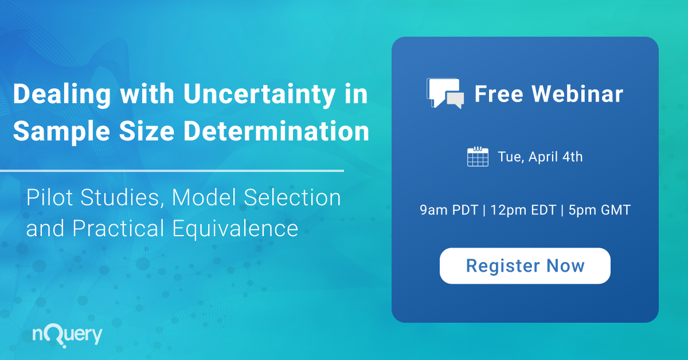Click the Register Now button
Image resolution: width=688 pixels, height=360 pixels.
pos(525,265)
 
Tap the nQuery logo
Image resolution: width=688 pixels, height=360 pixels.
pos(68,335)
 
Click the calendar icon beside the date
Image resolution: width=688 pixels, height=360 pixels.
pos(478,156)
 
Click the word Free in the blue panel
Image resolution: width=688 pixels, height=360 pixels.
pos(498,94)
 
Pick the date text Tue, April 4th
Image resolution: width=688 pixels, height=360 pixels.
pos(540,156)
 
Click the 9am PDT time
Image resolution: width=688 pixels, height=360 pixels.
pos(448,210)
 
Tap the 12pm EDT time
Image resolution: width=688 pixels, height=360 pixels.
pos(523,210)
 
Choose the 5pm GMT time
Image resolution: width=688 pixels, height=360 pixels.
pos(600,210)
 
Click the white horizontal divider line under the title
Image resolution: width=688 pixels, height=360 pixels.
pos(172,170)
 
